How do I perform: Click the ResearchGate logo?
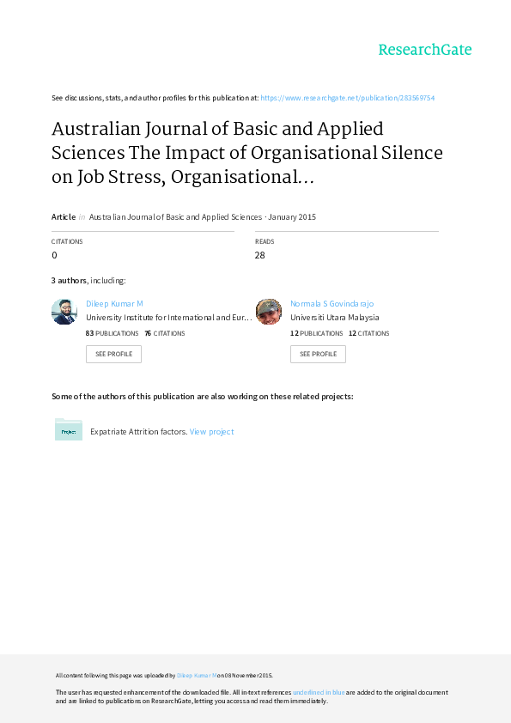pos(425,50)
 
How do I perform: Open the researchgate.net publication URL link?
pos(347,98)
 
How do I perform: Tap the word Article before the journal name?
pos(64,216)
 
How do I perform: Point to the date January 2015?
pos(292,216)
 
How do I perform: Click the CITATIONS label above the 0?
pos(67,241)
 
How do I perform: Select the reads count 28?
pos(259,255)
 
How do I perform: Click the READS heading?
pos(265,241)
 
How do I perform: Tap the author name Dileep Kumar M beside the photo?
pos(114,303)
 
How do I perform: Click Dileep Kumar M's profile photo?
pos(64,312)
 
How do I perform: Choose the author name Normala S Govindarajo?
pos(332,303)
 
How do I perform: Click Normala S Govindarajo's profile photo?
pos(269,312)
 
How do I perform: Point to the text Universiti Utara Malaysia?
pos(335,317)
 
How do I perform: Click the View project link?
pos(211,432)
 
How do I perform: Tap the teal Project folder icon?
pos(69,429)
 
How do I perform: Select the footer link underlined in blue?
pos(319,692)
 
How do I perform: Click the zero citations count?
pos(54,255)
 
